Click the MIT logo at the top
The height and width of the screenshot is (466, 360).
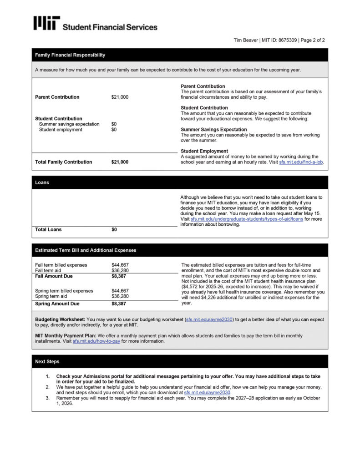46,24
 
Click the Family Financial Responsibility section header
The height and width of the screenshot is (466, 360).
70,55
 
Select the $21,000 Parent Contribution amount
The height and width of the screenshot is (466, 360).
120,97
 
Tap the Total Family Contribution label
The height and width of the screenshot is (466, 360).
63,162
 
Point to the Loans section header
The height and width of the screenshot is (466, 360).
42,182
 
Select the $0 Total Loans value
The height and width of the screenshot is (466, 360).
114,230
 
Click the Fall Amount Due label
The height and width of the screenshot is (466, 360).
54,276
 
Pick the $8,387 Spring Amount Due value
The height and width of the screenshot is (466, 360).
119,304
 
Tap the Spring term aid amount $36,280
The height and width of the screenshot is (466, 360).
120,296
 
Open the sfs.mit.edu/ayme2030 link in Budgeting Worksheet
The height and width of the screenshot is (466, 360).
209,320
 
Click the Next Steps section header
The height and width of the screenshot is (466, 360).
47,362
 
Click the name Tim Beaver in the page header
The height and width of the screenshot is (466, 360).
245,40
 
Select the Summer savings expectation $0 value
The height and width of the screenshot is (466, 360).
114,124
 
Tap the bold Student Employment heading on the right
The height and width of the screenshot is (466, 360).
204,151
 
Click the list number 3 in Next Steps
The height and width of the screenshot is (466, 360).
47,398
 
